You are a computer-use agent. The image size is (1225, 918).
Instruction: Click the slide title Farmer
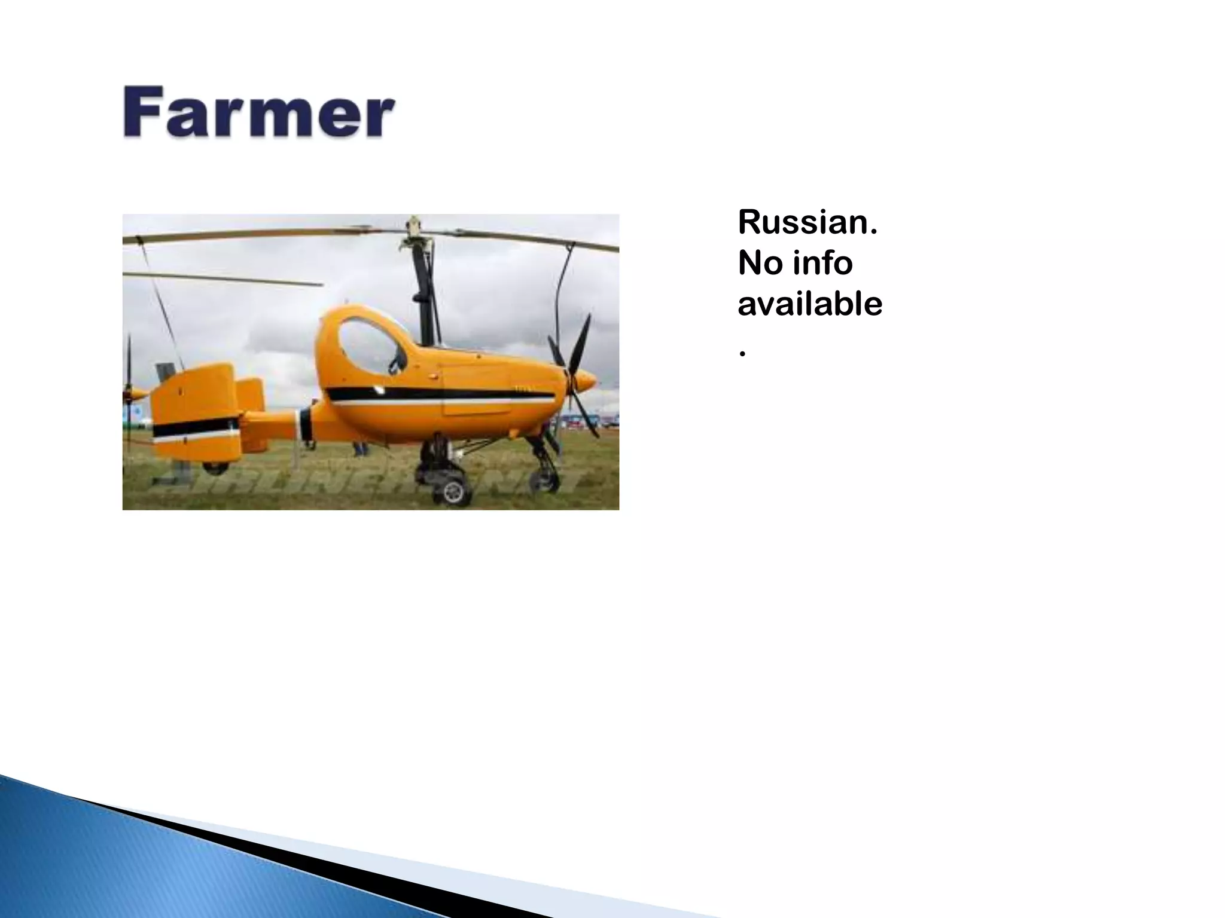pos(258,113)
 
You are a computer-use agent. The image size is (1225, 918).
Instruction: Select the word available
pos(810,304)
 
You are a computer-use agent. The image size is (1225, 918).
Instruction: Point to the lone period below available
pos(742,354)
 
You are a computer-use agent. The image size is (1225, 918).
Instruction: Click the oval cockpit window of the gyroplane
pos(369,345)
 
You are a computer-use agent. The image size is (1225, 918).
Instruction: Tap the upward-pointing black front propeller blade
pos(581,341)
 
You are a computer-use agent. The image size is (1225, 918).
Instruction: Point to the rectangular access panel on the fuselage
pos(476,391)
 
